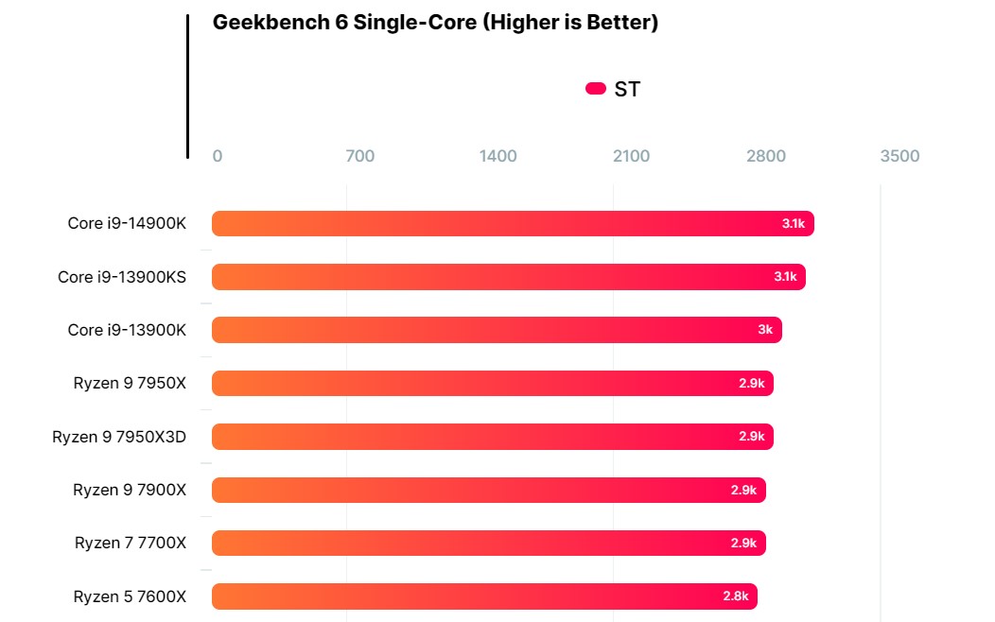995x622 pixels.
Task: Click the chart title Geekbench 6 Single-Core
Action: click(x=435, y=23)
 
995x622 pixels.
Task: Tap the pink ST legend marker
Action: click(x=596, y=89)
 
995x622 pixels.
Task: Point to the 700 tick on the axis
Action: click(x=360, y=156)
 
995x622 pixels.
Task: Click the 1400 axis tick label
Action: click(x=498, y=156)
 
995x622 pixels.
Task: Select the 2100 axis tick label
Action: click(x=632, y=156)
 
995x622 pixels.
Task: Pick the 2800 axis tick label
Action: click(x=766, y=156)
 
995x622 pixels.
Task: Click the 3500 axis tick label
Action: click(x=899, y=156)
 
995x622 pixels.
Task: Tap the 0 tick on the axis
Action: click(x=218, y=156)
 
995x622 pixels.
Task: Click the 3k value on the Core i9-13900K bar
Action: click(x=765, y=330)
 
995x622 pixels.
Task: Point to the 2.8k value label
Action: click(x=736, y=596)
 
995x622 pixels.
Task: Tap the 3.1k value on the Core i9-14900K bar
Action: click(x=793, y=224)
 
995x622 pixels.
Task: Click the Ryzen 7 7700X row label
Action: click(x=131, y=543)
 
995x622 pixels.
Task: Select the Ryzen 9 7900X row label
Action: click(x=130, y=490)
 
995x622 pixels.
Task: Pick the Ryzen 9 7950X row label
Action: click(x=130, y=383)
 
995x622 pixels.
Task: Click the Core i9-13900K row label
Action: click(x=127, y=330)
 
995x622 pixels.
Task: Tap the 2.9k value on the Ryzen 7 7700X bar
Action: click(x=743, y=543)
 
